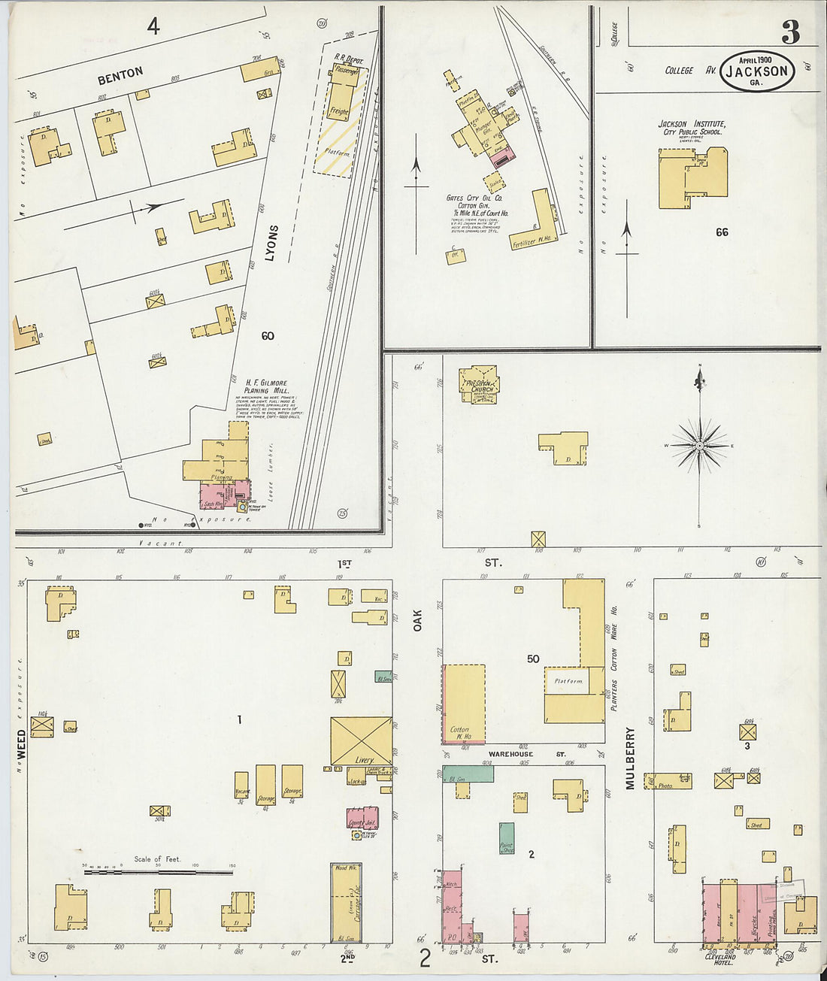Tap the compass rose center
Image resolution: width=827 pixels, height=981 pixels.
[700, 446]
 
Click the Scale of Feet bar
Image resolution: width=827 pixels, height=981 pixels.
[158, 872]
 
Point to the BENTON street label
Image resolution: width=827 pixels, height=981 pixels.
[120, 74]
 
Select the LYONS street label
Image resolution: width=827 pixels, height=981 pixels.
[271, 243]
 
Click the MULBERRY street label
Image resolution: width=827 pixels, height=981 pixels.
[630, 757]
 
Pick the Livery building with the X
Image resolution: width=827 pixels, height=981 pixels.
[362, 740]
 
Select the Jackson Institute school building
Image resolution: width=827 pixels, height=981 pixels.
[692, 178]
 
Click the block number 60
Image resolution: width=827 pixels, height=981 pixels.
[268, 335]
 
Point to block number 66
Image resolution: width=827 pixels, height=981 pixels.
[722, 232]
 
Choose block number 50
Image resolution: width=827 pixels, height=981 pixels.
[533, 659]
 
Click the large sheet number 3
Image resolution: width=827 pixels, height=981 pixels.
[790, 32]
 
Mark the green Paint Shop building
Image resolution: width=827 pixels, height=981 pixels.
[507, 838]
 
